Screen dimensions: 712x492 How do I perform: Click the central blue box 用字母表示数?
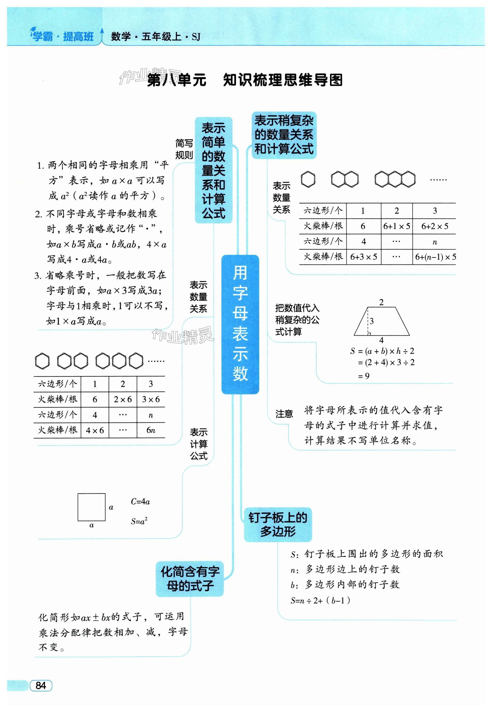click(x=240, y=324)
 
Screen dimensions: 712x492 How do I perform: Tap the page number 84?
click(x=41, y=686)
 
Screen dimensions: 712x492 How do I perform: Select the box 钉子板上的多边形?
click(x=278, y=524)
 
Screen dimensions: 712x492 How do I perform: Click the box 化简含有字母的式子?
click(x=190, y=579)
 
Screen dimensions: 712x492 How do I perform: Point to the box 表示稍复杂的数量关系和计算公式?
click(x=284, y=135)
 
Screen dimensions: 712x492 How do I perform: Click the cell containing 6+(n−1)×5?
click(x=435, y=257)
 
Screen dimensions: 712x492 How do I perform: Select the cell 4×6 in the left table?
click(x=95, y=430)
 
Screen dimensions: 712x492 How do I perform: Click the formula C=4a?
click(x=140, y=501)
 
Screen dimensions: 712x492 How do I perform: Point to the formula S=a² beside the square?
click(x=139, y=521)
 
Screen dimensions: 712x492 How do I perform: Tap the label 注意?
click(x=284, y=414)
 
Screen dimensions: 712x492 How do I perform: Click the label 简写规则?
click(x=184, y=149)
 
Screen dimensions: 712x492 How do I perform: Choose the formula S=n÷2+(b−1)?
click(x=320, y=600)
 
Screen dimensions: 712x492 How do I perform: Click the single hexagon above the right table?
click(x=308, y=179)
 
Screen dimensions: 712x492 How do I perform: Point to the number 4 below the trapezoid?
click(x=381, y=340)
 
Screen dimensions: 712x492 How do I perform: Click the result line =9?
click(x=364, y=376)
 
